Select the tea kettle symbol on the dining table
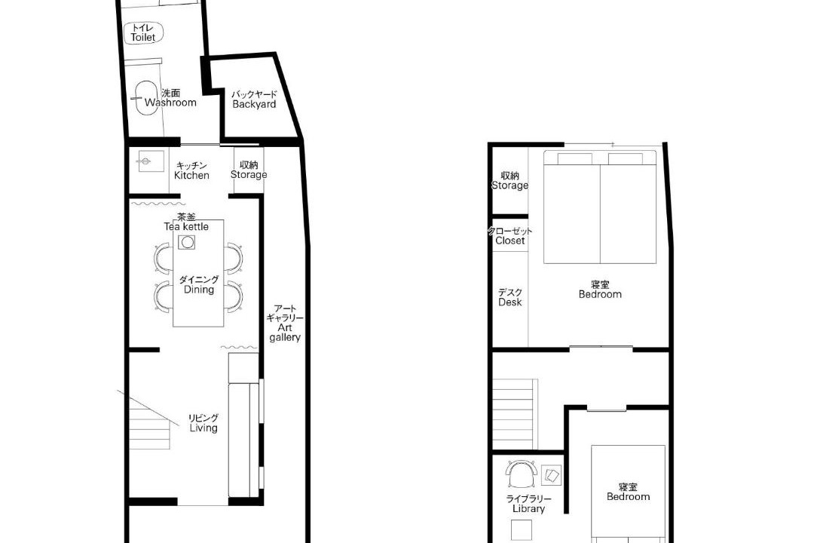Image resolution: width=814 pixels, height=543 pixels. [187, 242]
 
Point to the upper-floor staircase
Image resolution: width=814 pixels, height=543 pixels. [513, 414]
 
